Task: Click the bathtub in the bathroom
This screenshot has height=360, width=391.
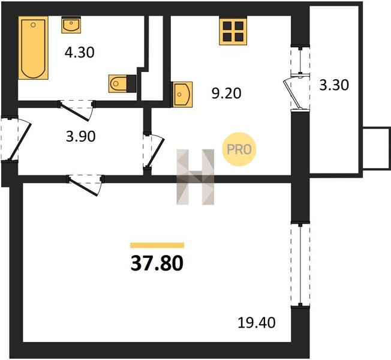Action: pyautogui.click(x=33, y=48)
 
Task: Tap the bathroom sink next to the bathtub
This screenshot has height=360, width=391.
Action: pyautogui.click(x=71, y=25)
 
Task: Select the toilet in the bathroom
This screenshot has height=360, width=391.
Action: pyautogui.click(x=122, y=83)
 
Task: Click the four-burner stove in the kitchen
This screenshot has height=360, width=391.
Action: pyautogui.click(x=233, y=31)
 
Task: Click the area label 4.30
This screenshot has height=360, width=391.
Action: pyautogui.click(x=80, y=53)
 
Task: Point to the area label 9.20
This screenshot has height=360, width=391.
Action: pyautogui.click(x=227, y=94)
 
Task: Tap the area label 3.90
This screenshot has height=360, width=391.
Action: pyautogui.click(x=81, y=136)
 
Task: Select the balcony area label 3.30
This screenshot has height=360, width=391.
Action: pyautogui.click(x=334, y=85)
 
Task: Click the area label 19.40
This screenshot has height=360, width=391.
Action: pyautogui.click(x=257, y=323)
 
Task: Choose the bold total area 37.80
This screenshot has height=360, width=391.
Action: pyautogui.click(x=157, y=263)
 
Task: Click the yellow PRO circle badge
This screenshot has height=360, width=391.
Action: pyautogui.click(x=239, y=149)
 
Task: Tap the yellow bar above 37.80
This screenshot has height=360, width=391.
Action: pyautogui.click(x=157, y=245)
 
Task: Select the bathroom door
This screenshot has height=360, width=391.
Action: pyautogui.click(x=77, y=110)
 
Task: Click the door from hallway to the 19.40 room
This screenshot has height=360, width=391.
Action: pyautogui.click(x=85, y=185)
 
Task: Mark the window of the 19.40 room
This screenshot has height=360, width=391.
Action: pyautogui.click(x=300, y=265)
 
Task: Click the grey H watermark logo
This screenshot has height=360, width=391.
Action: pyautogui.click(x=195, y=177)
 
